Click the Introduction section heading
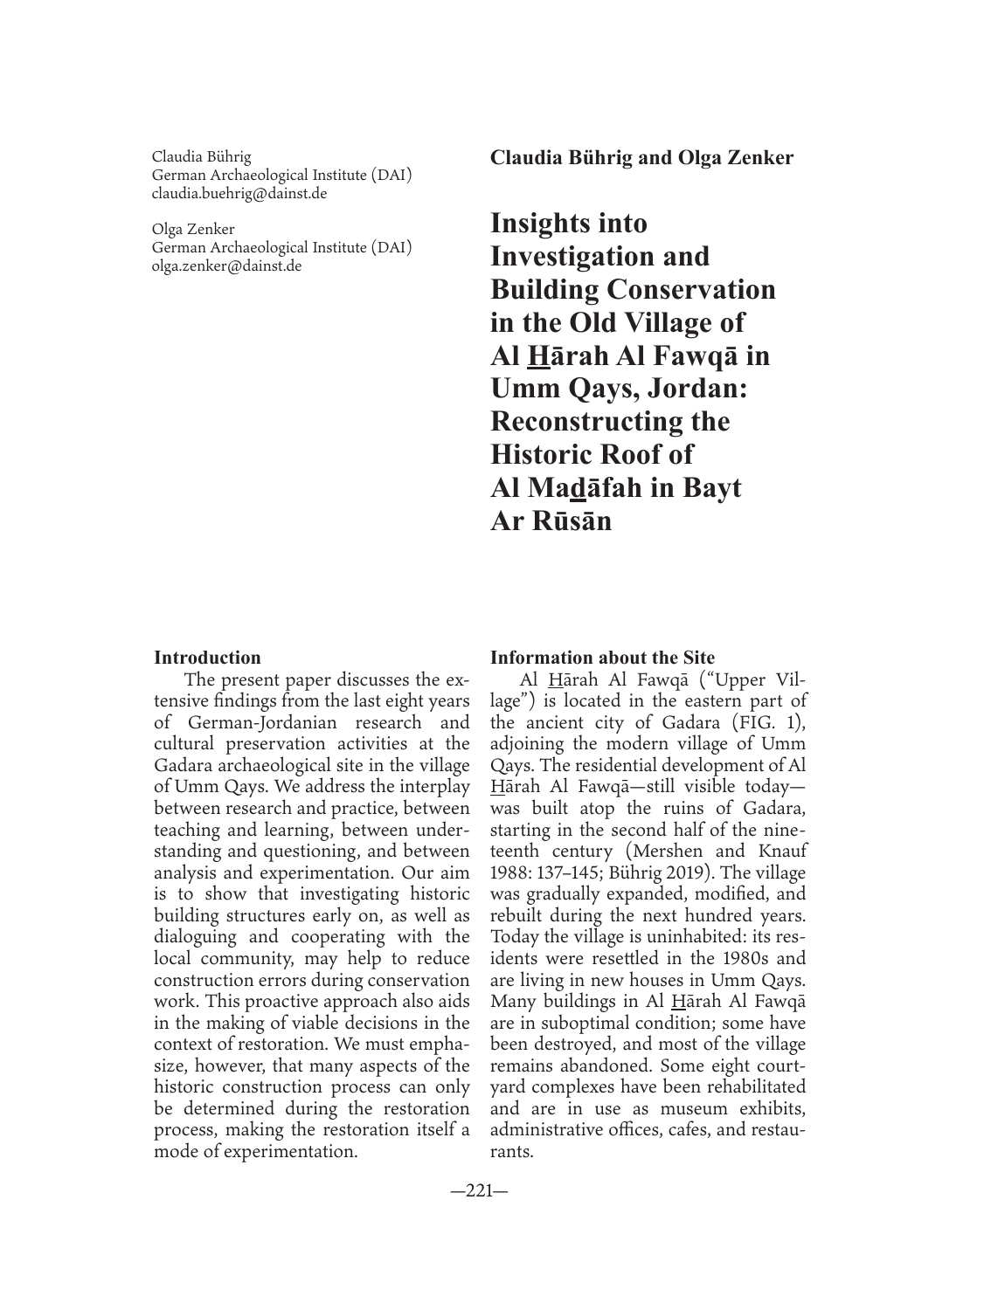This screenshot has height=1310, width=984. click(207, 658)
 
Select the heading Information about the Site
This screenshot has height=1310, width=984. click(602, 658)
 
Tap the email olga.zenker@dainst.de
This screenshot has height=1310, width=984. click(226, 265)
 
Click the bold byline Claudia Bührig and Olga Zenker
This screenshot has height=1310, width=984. click(641, 157)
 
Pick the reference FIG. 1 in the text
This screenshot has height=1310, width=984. click(770, 722)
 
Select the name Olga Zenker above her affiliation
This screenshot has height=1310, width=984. click(193, 229)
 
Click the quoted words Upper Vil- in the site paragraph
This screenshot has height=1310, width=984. click(758, 680)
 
